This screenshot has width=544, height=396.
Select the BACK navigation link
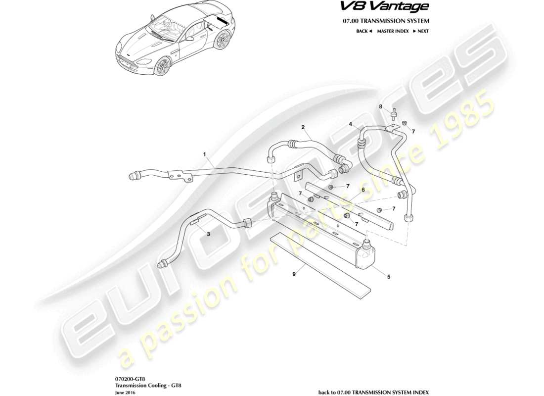(x=363, y=31)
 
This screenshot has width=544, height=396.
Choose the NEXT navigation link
(x=420, y=31)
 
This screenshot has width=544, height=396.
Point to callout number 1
(x=204, y=154)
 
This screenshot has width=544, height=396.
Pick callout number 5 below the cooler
(x=388, y=277)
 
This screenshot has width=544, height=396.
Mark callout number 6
(x=363, y=190)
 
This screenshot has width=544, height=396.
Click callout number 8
(x=381, y=106)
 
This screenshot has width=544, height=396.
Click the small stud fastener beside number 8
(x=394, y=114)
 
